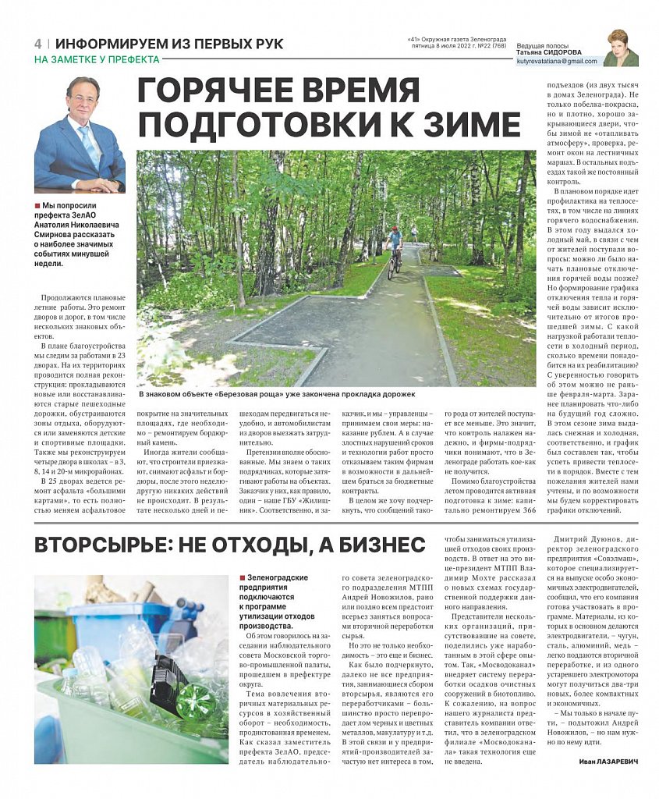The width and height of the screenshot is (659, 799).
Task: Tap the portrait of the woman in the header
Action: click(621, 48)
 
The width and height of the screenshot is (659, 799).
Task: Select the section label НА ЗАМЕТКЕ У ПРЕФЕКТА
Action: click(97, 59)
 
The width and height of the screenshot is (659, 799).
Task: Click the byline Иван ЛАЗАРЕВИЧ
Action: click(603, 762)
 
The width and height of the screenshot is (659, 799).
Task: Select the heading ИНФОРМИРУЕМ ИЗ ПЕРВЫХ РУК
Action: click(169, 44)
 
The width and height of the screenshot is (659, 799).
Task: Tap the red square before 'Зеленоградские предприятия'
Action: click(243, 577)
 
